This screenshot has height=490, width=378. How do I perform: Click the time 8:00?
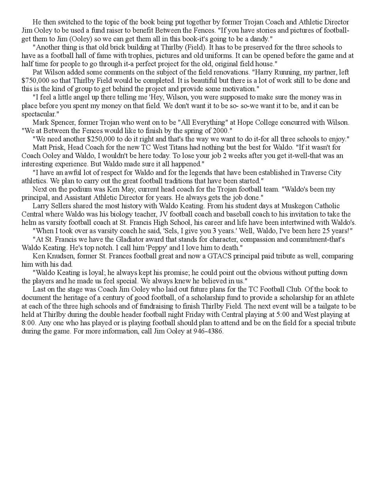(29, 323)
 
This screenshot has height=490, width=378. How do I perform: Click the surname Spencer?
(64, 122)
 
